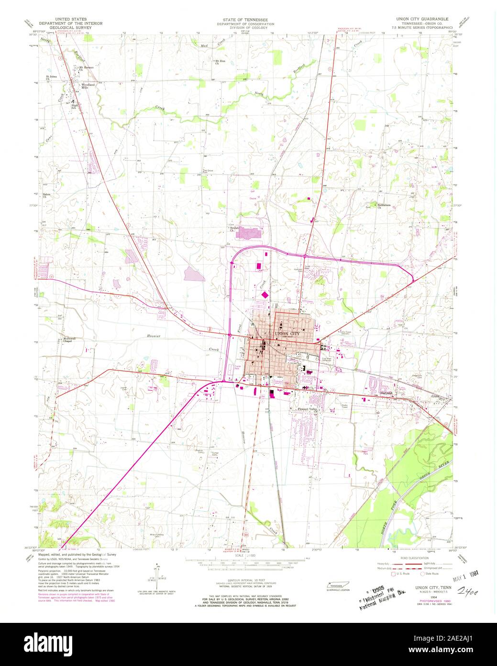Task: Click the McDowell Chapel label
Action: click(x=67, y=340)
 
